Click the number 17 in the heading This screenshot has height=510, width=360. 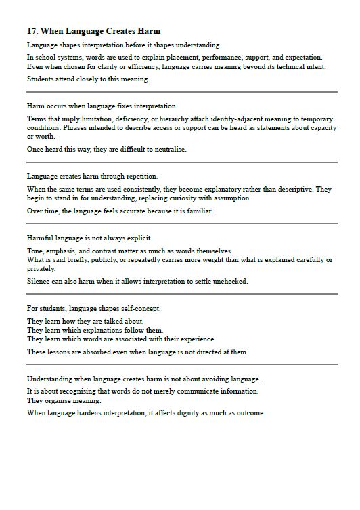coord(32,31)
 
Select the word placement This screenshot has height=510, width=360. coord(172,57)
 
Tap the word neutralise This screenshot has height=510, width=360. coord(166,149)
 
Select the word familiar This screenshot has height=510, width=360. coord(196,211)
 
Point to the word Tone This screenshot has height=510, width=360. coord(35,251)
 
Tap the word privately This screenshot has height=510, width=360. coord(42,268)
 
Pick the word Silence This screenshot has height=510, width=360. coord(39,281)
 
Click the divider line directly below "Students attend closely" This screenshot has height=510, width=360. coord(181,91)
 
